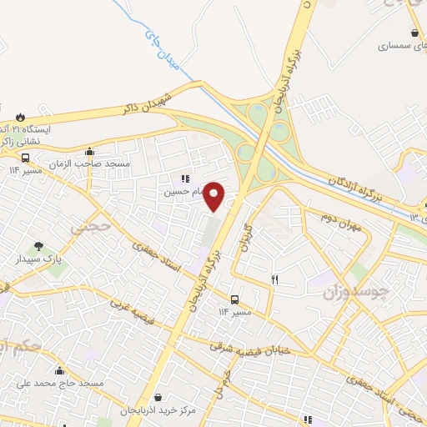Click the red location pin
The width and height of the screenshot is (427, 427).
pyautogui.click(x=215, y=195)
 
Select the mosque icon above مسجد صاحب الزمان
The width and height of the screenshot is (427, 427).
pyautogui.click(x=90, y=152)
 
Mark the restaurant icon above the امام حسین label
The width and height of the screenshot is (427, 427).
pyautogui.click(x=185, y=178)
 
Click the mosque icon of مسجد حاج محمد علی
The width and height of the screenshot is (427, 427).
pyautogui.click(x=59, y=370)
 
